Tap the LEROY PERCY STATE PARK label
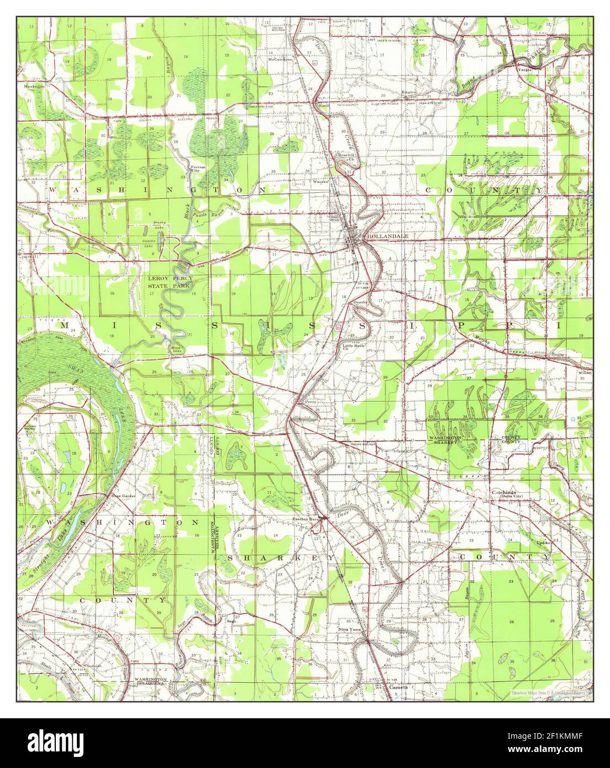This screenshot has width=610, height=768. coord(169,282)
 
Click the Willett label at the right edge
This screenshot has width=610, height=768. coord(585,373)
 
